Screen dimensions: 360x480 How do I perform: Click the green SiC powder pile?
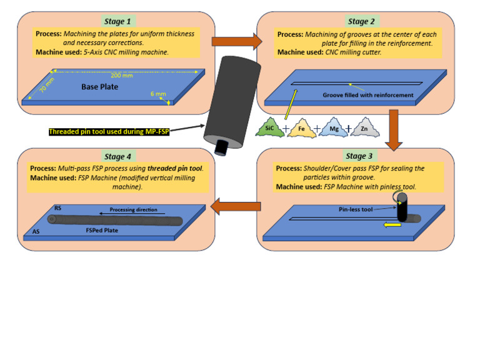point(269,129)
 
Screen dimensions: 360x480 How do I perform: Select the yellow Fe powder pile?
point(301,129)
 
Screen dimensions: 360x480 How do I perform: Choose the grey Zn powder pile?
point(364,129)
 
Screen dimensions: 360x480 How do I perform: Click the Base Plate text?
point(99,87)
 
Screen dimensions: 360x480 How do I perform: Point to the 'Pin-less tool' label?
point(373,209)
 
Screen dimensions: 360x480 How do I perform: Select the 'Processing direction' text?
point(133,209)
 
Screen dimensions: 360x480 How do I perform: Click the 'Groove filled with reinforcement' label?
point(368,95)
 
